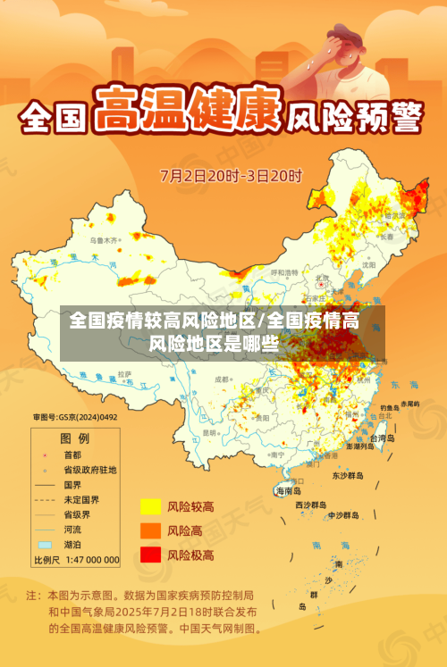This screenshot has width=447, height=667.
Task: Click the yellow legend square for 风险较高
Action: pos(150,507)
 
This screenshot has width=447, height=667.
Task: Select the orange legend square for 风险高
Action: pos(150,530)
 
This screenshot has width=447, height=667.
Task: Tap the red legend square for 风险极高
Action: pos(150,554)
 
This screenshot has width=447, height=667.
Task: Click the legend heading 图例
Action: pos(74,438)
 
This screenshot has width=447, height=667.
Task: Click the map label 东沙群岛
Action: pos(348,476)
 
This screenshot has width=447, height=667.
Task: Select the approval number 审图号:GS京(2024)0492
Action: pos(76,416)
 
